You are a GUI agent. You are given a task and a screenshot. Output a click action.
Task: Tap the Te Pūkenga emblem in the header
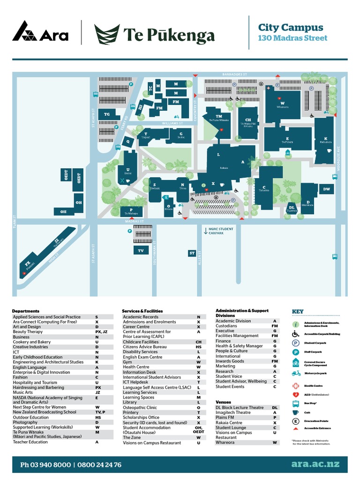click(106, 34)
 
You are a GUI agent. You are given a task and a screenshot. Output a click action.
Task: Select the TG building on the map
click(107, 114)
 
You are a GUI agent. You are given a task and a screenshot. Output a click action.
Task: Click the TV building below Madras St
click(141, 251)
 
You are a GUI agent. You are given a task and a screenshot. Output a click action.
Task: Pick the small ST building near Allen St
click(192, 253)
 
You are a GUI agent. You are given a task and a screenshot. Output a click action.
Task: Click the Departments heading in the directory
click(26, 311)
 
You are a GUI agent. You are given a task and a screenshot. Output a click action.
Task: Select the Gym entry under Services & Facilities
click(127, 362)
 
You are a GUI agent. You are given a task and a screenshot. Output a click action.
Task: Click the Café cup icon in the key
click(296, 412)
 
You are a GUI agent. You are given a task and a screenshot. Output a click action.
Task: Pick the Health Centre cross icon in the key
click(296, 386)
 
